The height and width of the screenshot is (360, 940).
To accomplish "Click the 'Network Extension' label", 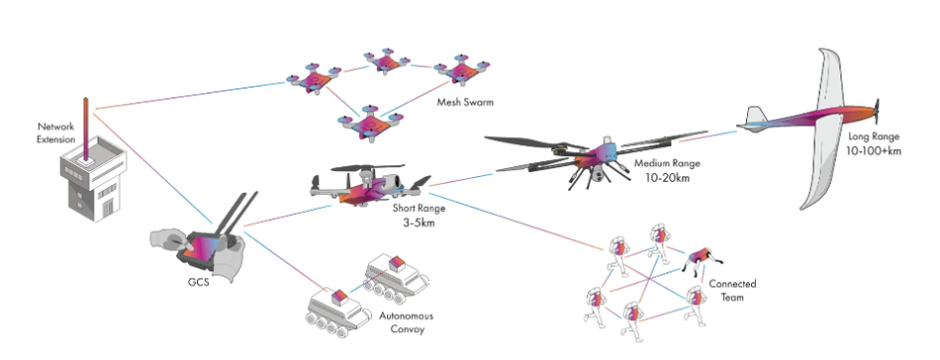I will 56,133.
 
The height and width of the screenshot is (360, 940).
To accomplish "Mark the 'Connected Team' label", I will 736,291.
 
